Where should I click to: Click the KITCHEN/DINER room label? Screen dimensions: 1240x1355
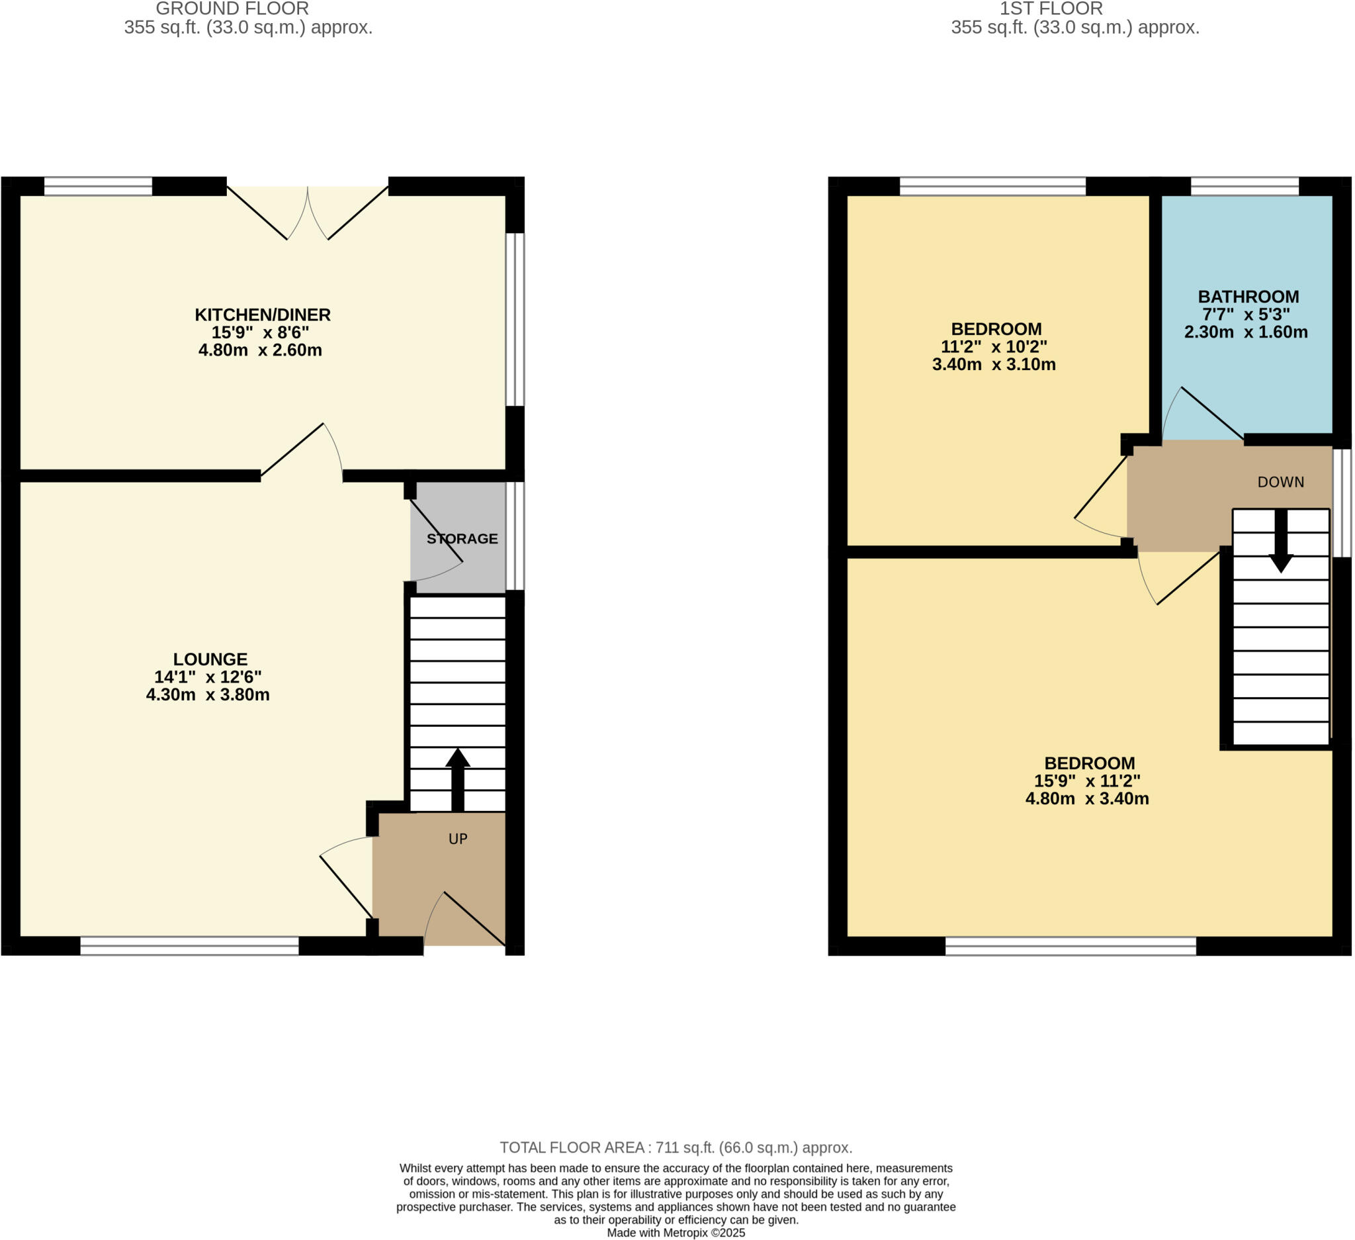point(263,314)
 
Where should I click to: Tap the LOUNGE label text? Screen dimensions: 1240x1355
point(210,659)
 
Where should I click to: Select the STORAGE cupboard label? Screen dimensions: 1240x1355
point(462,539)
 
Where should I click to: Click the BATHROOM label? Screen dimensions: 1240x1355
point(1248,297)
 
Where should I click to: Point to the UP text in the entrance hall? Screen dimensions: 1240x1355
point(458,839)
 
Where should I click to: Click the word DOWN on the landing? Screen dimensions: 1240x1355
point(1280,482)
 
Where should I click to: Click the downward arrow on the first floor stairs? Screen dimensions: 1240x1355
point(1281,542)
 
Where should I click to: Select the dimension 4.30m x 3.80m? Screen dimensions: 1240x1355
point(208,695)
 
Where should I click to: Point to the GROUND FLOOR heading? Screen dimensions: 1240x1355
point(232,9)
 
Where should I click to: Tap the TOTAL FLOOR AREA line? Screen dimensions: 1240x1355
point(676,1148)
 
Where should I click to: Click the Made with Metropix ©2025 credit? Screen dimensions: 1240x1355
point(676,1233)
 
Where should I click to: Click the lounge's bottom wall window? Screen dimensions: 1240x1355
point(189,945)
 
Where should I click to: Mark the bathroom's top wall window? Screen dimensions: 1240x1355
point(1245,186)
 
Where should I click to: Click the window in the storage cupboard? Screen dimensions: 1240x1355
point(515,536)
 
